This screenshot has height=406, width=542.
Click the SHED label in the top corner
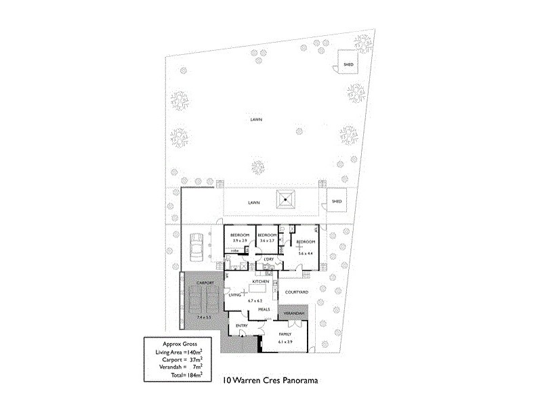tap(349, 65)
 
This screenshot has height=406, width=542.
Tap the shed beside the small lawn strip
tap(337, 201)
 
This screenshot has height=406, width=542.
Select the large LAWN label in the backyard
tap(255, 120)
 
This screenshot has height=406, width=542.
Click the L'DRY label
tap(269, 259)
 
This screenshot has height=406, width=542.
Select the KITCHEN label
tap(262, 281)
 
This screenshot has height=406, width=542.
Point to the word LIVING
tap(235, 295)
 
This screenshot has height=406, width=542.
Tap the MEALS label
tap(264, 309)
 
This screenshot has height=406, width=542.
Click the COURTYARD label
tap(297, 292)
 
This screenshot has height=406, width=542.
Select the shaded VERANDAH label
tap(293, 315)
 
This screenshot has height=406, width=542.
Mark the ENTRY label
tap(242, 325)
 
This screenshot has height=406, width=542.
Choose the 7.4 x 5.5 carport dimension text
tap(204, 317)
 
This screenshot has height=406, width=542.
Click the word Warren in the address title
tap(251, 380)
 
